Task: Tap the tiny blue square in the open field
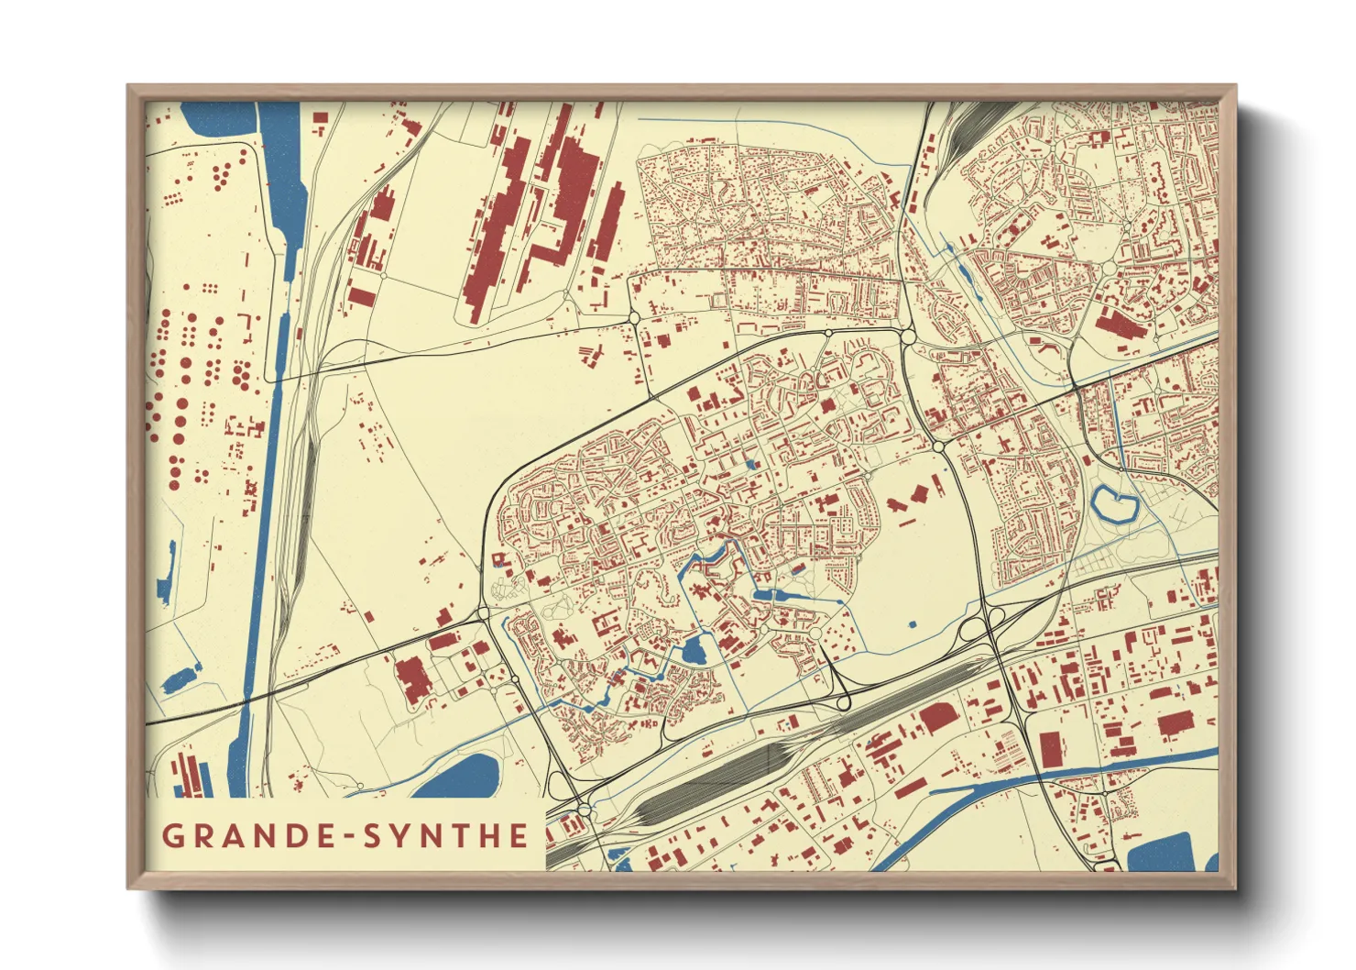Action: tap(913, 624)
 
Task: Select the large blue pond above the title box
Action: tap(464, 775)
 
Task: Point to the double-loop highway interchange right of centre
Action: tap(980, 629)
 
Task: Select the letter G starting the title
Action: tap(171, 836)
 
